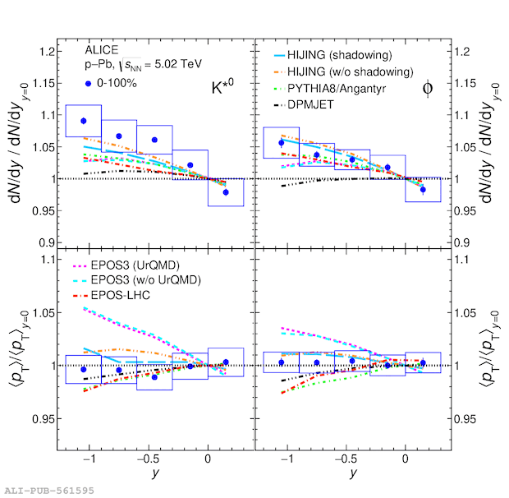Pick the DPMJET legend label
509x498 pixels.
coord(310,104)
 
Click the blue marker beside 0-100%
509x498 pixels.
coord(88,84)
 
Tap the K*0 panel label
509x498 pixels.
coord(222,86)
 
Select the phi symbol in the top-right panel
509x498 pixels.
coord(428,89)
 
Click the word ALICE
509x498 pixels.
coord(102,50)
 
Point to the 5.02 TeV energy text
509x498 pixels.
coord(178,64)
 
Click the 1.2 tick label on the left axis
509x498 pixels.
coord(46,52)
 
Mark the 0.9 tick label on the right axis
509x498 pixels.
coord(461,242)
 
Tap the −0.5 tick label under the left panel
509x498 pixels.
coord(149,459)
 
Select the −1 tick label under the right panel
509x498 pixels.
coord(287,459)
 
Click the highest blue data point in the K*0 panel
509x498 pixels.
coord(84,121)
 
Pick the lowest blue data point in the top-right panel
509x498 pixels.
coord(423,190)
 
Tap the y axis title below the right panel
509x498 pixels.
coord(353,473)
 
